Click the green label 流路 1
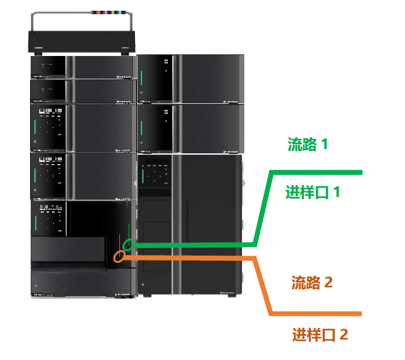pos(308,144)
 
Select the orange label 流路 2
pos(312,282)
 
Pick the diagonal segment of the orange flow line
pos(262,285)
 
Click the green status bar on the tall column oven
pos(143,177)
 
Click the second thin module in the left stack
pos(81,90)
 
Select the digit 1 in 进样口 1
pos(336,192)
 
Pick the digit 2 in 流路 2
pos(328,282)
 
